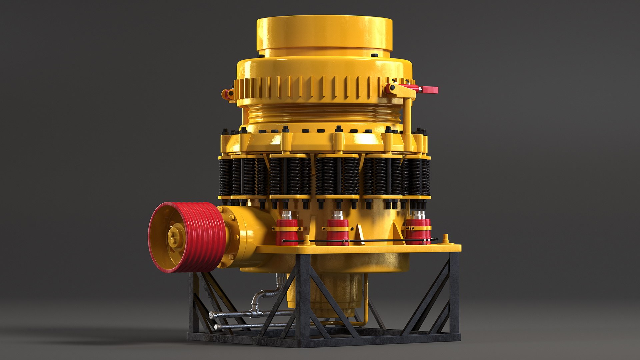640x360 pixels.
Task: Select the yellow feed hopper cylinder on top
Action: pyautogui.click(x=324, y=33)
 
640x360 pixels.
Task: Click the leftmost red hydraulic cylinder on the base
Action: pyautogui.click(x=287, y=232)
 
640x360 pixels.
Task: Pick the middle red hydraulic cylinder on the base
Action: pyautogui.click(x=338, y=232)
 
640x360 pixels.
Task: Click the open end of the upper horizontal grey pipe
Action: pyautogui.click(x=211, y=314)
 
